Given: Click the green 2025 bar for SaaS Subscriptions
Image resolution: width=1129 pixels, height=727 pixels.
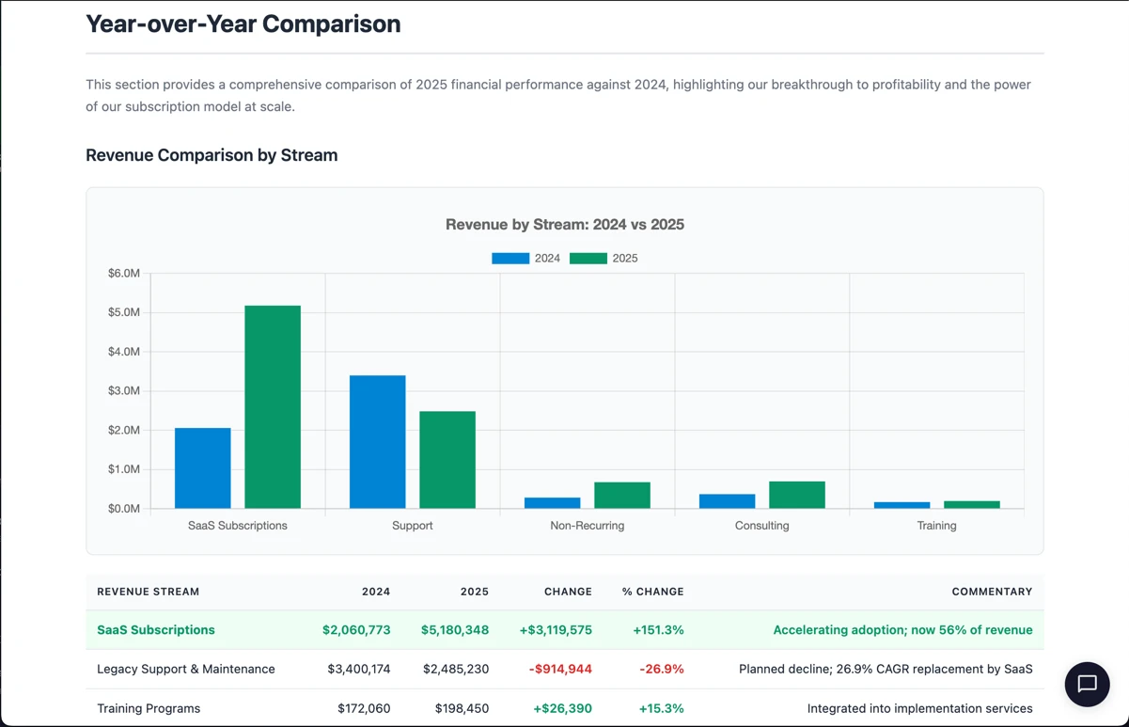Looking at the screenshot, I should click(x=273, y=406).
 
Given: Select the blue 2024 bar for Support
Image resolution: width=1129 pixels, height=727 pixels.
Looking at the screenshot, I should click(x=377, y=442).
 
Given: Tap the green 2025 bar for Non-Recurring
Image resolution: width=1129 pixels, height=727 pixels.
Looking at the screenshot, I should click(x=621, y=496).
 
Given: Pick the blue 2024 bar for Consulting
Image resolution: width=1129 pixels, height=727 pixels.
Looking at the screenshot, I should click(x=727, y=501).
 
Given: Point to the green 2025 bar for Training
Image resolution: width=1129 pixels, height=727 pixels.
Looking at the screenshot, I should click(x=971, y=505).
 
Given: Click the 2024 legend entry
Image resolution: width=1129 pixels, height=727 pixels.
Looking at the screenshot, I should click(x=525, y=258).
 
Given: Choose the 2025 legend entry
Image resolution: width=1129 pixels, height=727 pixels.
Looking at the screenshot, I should click(x=604, y=258).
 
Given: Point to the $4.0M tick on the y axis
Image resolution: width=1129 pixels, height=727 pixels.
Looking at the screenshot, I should click(x=124, y=352).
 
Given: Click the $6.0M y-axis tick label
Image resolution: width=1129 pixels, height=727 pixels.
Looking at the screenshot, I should click(x=124, y=274).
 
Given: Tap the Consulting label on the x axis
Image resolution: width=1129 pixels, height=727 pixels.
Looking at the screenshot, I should click(x=761, y=526).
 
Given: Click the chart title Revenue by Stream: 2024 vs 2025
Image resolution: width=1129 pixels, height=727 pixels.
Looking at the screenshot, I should click(x=564, y=225).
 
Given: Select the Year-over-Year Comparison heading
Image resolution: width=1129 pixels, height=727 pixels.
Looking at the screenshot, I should click(x=243, y=24).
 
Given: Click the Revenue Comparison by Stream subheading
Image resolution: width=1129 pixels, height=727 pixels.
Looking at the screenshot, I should click(x=212, y=155).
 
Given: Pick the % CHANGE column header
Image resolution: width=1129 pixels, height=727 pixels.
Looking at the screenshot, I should click(x=652, y=592).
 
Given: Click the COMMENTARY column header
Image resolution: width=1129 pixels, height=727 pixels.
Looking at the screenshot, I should click(x=991, y=592).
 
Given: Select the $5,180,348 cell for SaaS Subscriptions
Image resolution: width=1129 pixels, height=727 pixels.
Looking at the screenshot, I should click(x=455, y=630).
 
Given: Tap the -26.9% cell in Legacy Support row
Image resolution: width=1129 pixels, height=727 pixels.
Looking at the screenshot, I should click(x=661, y=669).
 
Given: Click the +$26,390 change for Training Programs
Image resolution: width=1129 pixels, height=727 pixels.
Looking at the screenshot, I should click(x=562, y=708).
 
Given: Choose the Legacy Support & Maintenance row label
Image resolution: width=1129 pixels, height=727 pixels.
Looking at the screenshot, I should click(x=186, y=669).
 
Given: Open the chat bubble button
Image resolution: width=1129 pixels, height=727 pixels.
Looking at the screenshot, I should click(x=1087, y=684).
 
